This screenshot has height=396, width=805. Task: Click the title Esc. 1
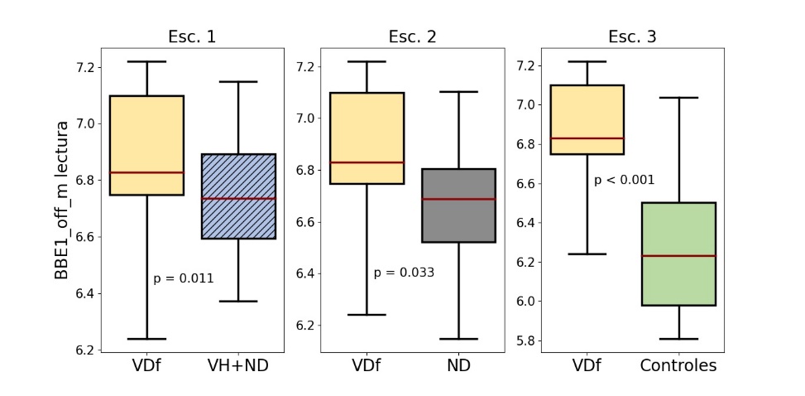(193, 36)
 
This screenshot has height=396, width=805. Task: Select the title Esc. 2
(412, 36)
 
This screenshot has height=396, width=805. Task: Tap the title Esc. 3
(632, 36)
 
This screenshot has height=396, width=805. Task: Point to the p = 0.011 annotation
(184, 278)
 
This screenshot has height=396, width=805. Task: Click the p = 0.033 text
(404, 272)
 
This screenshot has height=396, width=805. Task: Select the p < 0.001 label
(624, 180)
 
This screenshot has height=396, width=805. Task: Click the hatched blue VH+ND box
(239, 196)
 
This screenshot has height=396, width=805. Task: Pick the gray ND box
(458, 205)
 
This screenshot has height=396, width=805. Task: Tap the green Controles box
(678, 254)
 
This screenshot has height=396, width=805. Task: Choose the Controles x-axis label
(678, 365)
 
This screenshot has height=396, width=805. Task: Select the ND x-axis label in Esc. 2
(458, 365)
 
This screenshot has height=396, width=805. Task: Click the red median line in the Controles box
(678, 256)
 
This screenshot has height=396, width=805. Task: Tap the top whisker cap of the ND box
(458, 92)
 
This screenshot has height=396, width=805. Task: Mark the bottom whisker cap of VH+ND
(239, 302)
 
